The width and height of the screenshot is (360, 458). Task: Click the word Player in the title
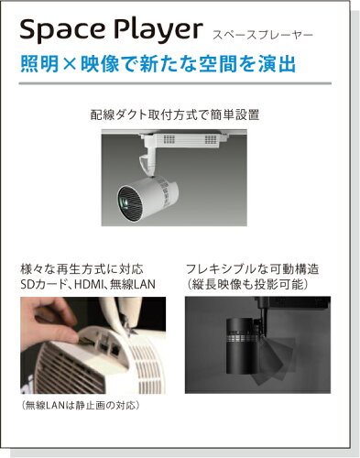pyautogui.click(x=158, y=30)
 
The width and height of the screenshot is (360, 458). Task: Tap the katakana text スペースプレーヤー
pyautogui.click(x=263, y=35)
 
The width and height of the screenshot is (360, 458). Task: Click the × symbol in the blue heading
pyautogui.click(x=70, y=64)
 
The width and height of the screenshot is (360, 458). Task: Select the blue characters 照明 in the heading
pyautogui.click(x=39, y=64)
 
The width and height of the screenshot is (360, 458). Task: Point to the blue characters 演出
pyautogui.click(x=277, y=64)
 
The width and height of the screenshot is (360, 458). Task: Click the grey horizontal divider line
pyautogui.click(x=175, y=83)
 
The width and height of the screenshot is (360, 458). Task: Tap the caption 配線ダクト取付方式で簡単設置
pyautogui.click(x=175, y=114)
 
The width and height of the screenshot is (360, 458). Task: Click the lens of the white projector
pyautogui.click(x=125, y=202)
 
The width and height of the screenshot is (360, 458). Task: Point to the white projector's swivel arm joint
pyautogui.click(x=147, y=161)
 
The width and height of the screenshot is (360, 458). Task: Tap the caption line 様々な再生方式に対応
pyautogui.click(x=82, y=269)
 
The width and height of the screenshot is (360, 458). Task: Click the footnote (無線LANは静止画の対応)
pyautogui.click(x=81, y=405)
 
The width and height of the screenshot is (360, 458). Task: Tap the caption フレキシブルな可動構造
pyautogui.click(x=252, y=269)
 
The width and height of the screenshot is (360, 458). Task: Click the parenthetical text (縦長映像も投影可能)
pyautogui.click(x=247, y=284)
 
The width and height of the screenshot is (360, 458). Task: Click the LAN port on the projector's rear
pyautogui.click(x=115, y=350)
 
